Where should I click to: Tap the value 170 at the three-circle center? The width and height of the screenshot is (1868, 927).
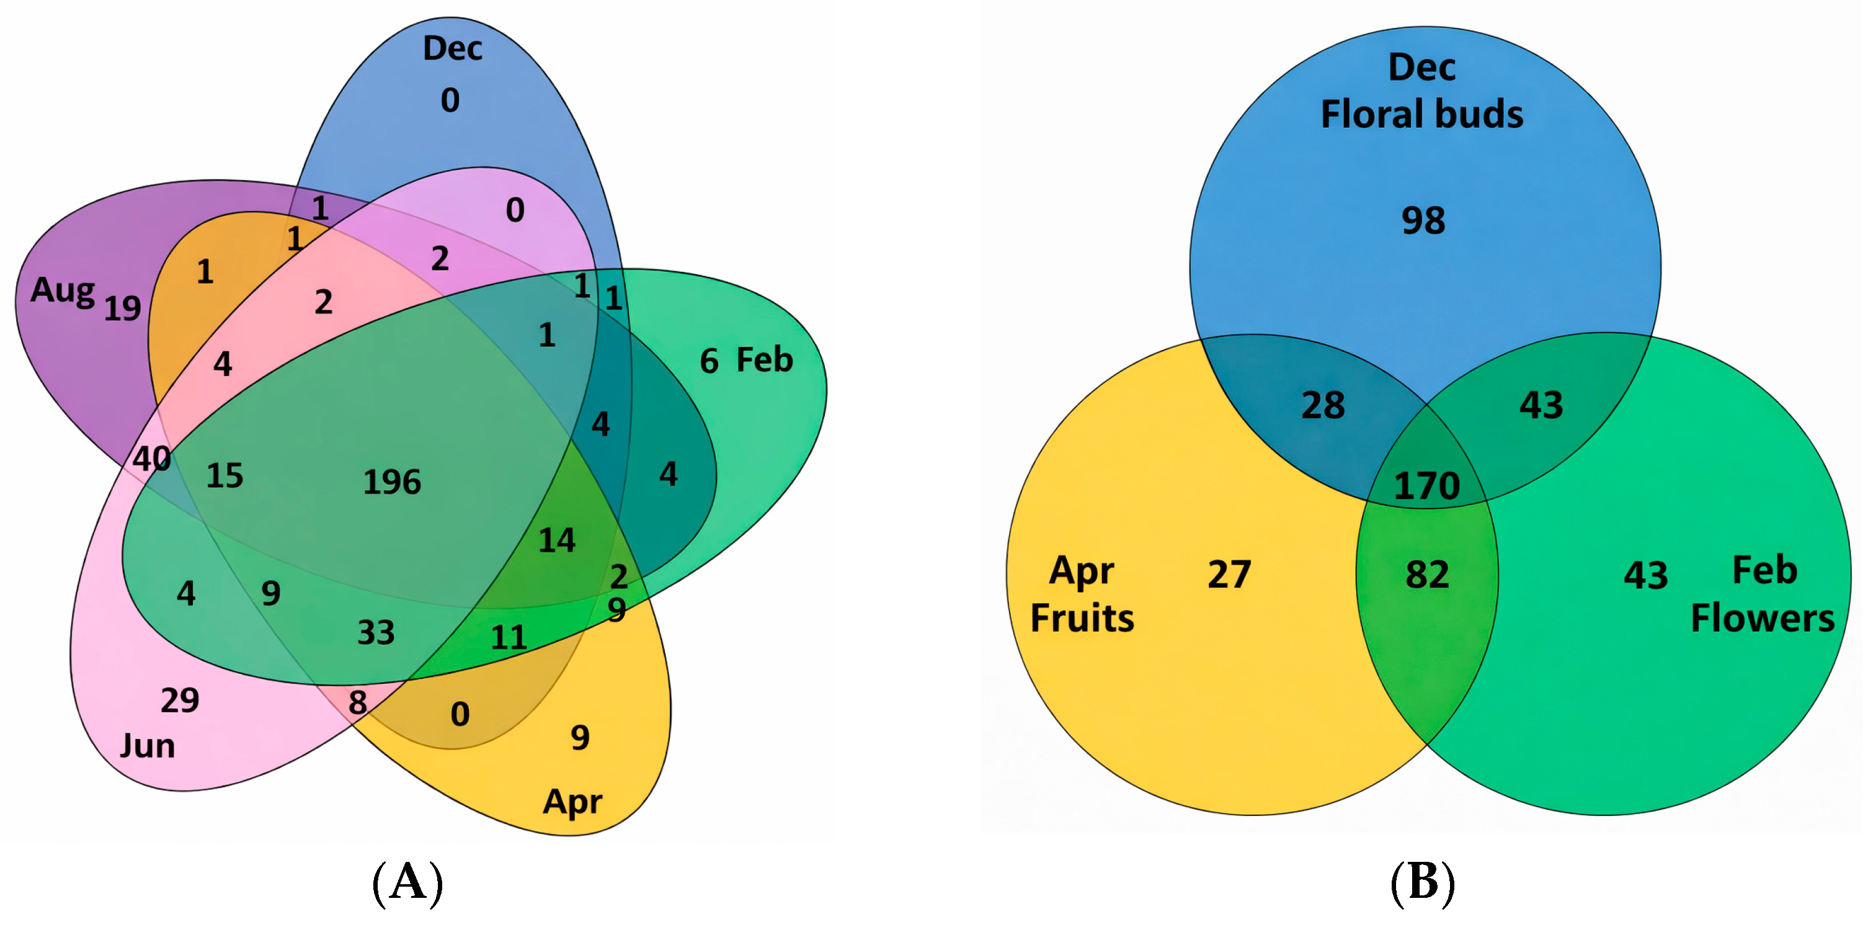click(x=1426, y=485)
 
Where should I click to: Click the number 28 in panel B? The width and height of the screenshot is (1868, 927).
click(x=1323, y=405)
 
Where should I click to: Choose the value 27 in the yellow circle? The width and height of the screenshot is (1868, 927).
click(x=1229, y=574)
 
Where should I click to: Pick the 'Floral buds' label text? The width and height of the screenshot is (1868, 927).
click(x=1421, y=114)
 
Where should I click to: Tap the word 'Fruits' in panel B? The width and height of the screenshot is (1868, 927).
click(x=1082, y=618)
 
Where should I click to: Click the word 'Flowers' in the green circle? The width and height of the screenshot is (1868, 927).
click(x=1762, y=618)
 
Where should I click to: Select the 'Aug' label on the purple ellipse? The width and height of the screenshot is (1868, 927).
click(x=63, y=291)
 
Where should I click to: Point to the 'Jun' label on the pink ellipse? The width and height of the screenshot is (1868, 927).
click(x=147, y=746)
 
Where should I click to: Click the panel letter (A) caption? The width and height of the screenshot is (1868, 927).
click(x=407, y=882)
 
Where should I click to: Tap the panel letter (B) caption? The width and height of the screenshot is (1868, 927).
click(x=1422, y=882)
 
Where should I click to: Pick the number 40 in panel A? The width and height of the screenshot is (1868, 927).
click(x=151, y=459)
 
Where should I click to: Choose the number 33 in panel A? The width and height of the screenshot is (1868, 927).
click(x=376, y=632)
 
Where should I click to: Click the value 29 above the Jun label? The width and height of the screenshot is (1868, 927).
click(x=180, y=700)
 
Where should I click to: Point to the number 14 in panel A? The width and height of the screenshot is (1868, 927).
click(x=556, y=540)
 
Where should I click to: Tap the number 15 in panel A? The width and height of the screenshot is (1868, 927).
click(x=225, y=476)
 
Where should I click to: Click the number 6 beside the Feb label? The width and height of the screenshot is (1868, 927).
click(x=708, y=361)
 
